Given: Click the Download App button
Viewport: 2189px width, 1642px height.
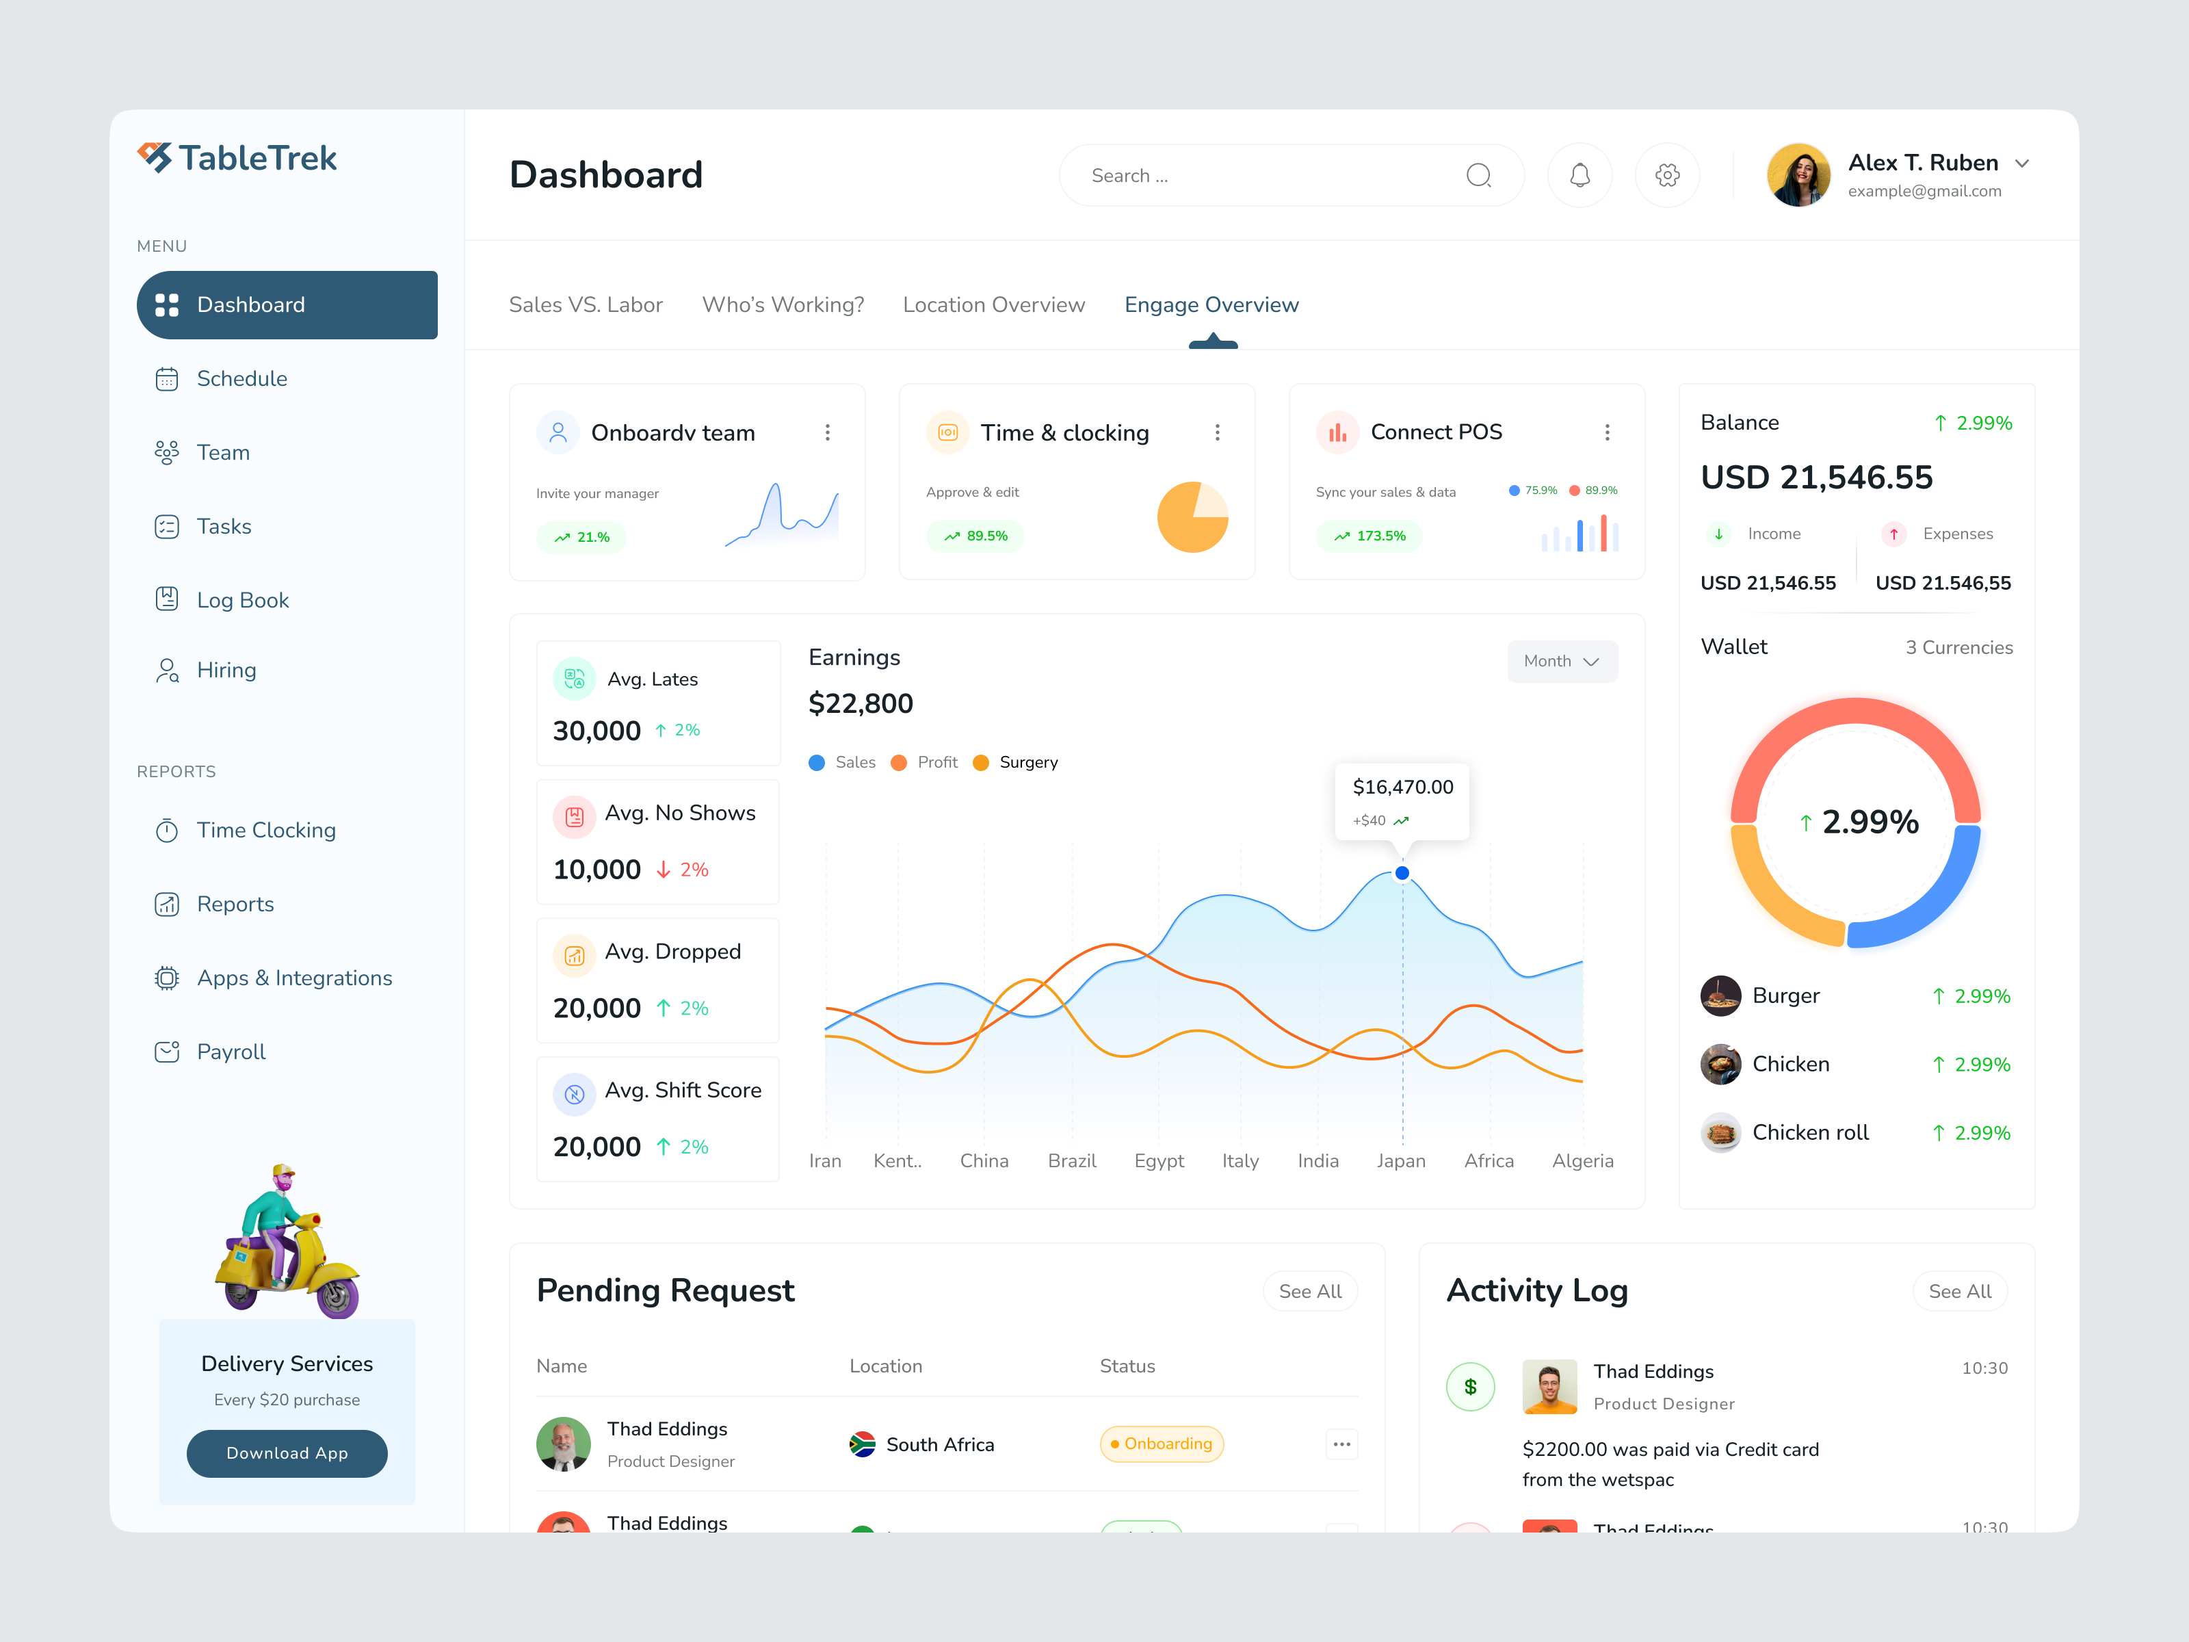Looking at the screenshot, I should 287,1453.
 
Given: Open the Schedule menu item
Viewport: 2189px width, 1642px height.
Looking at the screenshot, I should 241,379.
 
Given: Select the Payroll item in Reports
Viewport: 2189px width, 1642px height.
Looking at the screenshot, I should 231,1052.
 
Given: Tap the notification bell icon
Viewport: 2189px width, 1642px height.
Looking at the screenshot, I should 1580,175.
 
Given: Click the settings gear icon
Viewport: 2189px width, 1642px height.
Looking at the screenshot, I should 1668,175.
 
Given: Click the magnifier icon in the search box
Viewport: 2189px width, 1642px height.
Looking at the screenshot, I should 1478,175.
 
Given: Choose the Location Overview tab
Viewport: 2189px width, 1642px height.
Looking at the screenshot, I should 993,305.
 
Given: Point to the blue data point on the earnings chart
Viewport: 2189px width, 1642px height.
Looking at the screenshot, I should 1402,873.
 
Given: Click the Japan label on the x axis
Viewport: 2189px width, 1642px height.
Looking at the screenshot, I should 1401,1161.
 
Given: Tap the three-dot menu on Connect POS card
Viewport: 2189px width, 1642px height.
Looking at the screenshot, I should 1607,432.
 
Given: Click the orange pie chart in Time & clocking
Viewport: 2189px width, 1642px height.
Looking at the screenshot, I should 1192,517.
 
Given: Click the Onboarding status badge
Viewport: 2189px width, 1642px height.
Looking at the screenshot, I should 1162,1444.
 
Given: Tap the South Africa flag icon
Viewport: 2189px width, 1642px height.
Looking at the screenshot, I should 862,1444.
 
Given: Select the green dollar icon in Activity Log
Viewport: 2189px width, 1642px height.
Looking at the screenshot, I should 1471,1387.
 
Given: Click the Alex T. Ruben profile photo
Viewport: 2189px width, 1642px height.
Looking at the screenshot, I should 1798,175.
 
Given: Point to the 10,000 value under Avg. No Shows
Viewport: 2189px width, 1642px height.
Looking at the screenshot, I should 597,870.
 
